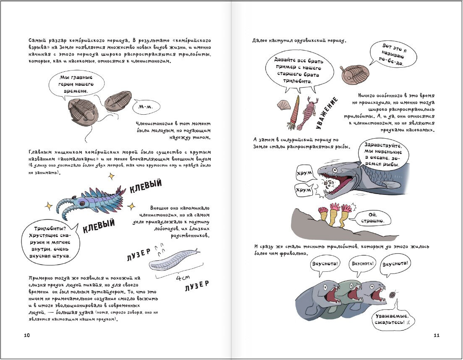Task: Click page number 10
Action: point(27,335)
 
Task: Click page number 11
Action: point(436,335)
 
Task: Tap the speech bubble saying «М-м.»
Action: point(146,107)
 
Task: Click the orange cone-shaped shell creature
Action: point(295,112)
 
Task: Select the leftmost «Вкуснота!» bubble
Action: point(326,265)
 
